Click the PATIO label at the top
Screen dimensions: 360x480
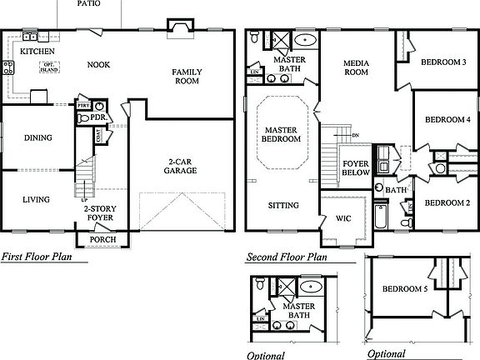[x=89, y=3]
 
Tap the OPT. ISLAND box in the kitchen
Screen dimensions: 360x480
[x=48, y=67]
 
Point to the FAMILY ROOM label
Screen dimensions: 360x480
[x=187, y=77]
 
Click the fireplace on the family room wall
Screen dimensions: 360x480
[x=180, y=30]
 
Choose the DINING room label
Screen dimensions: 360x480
[x=37, y=138]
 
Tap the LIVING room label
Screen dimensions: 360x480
[x=36, y=199]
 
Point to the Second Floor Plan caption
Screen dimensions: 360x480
[x=286, y=257]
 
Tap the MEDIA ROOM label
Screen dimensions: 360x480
[x=356, y=67]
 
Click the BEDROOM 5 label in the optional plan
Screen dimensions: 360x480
[x=405, y=289]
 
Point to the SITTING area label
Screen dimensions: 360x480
[x=282, y=205]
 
